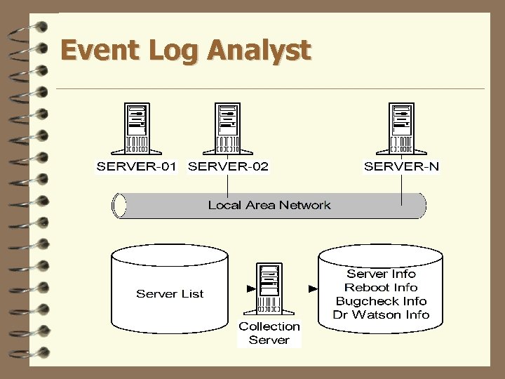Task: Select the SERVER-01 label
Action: [137, 166]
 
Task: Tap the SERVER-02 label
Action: [229, 166]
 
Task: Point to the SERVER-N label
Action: [401, 166]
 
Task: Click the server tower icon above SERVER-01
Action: [137, 128]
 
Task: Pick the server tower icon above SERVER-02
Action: [227, 128]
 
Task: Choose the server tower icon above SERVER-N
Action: [401, 128]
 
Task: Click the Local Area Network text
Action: [269, 205]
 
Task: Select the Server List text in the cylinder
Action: [170, 293]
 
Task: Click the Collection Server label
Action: [269, 333]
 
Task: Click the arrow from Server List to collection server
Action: [250, 288]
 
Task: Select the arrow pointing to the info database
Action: [313, 288]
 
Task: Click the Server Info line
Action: [381, 274]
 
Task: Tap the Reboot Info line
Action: [381, 287]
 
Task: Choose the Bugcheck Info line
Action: [381, 301]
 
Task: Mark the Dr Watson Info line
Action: [381, 314]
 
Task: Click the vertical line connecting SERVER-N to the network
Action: [401, 189]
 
